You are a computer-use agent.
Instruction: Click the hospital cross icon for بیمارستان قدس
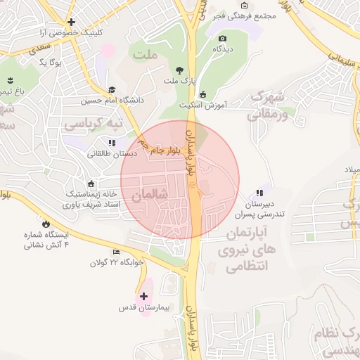pos(144,297)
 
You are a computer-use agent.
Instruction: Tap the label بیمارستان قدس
pos(145,309)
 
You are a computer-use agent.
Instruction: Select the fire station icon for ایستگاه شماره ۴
pos(46,224)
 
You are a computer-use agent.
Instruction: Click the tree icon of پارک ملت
pos(179,70)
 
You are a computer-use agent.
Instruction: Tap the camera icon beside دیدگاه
pos(222,38)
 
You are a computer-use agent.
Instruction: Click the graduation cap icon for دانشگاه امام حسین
pos(111,89)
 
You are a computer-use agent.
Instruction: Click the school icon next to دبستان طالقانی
pos(112,143)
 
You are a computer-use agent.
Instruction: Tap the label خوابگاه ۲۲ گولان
pos(116,262)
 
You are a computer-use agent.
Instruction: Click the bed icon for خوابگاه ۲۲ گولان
pos(116,252)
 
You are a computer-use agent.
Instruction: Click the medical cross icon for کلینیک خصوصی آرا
pos(72,22)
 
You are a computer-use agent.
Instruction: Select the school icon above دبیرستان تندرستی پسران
pos(259,192)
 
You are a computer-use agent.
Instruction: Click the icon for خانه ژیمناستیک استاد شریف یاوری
pos(91,184)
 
